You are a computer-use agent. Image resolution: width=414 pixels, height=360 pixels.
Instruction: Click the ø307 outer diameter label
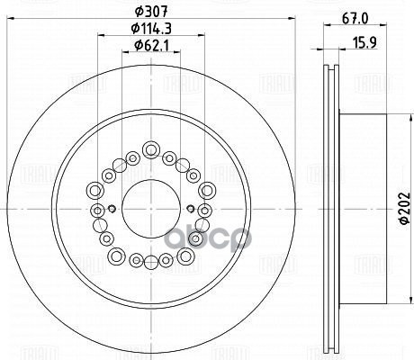150,13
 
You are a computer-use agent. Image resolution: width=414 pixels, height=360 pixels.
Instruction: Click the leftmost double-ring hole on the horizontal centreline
95,208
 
